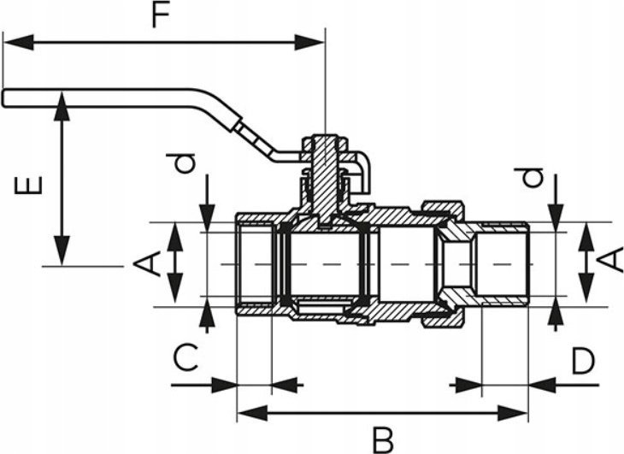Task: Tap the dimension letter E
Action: click(x=28, y=185)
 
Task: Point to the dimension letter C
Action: click(x=185, y=357)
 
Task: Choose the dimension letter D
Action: click(x=583, y=361)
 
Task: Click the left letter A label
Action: click(x=146, y=263)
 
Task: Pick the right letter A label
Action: click(x=609, y=260)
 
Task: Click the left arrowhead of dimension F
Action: click(x=18, y=43)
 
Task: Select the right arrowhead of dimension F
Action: click(x=309, y=43)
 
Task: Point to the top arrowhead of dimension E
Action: click(x=62, y=106)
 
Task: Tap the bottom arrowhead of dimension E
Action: click(x=62, y=251)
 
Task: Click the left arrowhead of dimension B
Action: click(x=252, y=414)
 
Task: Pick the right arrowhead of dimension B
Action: click(x=513, y=414)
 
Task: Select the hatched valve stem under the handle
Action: click(x=324, y=179)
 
